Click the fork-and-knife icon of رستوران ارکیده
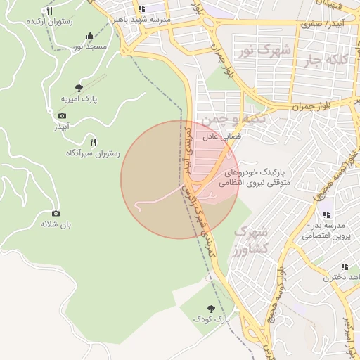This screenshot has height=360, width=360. tap(49, 11)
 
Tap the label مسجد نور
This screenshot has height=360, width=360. tap(90, 46)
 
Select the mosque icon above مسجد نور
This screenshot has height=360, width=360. tap(90, 35)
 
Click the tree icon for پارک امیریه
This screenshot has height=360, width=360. tap(79, 88)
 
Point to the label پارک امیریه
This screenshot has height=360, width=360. tap(79, 100)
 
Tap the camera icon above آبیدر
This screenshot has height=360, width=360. tap(62, 115)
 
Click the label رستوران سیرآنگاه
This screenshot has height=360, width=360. tap(93, 153)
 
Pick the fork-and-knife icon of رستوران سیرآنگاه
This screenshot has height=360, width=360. tap(93, 141)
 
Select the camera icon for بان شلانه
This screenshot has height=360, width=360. tap(56, 213)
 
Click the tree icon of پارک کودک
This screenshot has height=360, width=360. tap(212, 308)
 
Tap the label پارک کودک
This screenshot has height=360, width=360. tap(212, 320)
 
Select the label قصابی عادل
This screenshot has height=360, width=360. tap(222, 137)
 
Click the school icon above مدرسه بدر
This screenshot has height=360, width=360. tap(326, 214)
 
